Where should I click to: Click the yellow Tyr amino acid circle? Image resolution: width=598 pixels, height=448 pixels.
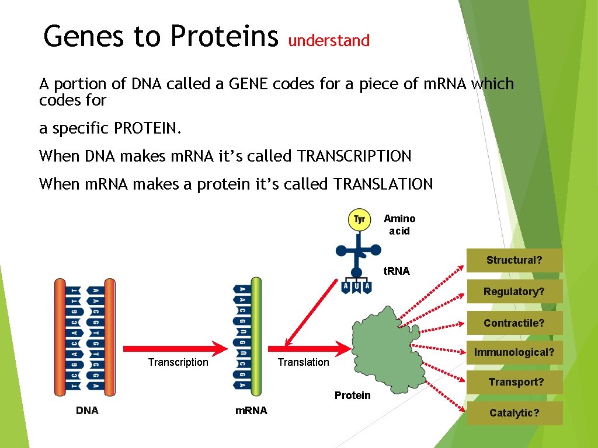(359, 220)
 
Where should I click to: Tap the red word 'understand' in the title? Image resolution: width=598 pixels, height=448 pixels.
(329, 41)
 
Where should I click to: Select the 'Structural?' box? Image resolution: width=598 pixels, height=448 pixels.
(514, 260)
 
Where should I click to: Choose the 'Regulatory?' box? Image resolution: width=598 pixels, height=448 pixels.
(514, 292)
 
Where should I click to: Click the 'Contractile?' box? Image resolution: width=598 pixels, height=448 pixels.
(514, 323)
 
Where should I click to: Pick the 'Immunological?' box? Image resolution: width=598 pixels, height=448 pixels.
(514, 352)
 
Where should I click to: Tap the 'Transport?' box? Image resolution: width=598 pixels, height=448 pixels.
(516, 382)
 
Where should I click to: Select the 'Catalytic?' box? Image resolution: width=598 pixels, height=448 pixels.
(514, 413)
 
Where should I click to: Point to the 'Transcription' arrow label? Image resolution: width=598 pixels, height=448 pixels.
(178, 362)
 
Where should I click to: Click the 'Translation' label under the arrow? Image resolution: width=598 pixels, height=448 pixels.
(303, 362)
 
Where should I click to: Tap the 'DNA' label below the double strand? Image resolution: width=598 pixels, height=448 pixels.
(87, 411)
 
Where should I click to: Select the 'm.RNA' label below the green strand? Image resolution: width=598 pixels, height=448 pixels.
(251, 411)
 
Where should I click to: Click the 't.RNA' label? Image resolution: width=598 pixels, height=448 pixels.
(396, 271)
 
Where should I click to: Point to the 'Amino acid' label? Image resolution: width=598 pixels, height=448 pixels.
(399, 225)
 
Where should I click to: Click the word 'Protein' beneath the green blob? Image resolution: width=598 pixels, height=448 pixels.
(352, 395)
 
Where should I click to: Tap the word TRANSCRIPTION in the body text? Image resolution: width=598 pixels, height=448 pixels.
(354, 156)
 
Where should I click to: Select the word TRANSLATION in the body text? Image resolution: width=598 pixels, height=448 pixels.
(383, 184)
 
